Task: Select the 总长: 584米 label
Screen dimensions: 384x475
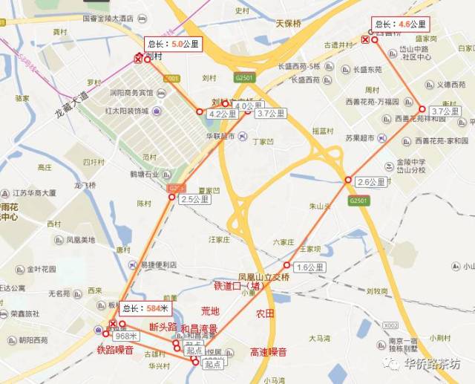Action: (146, 308)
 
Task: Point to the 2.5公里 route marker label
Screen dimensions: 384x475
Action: (195, 199)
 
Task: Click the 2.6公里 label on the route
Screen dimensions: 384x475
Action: (371, 182)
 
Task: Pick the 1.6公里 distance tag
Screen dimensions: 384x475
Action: (309, 267)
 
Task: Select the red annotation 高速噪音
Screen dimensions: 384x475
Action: (268, 351)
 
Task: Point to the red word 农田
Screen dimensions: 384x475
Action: (265, 313)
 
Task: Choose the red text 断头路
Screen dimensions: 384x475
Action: (163, 327)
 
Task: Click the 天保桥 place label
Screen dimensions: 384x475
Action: (290, 22)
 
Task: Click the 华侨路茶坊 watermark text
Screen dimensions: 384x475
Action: (432, 363)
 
